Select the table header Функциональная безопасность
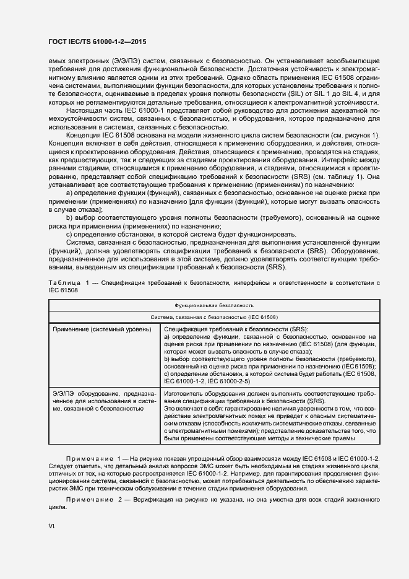(x=213, y=306)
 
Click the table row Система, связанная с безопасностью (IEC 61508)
(x=213, y=316)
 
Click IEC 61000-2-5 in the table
(x=231, y=381)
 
